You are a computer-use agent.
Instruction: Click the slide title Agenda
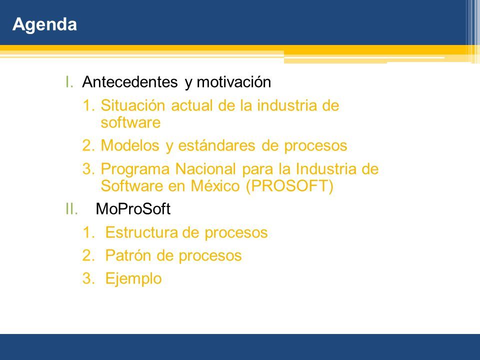click(44, 24)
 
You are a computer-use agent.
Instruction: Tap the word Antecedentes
click(130, 82)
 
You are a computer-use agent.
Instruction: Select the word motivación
click(234, 82)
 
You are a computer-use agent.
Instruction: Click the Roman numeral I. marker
click(69, 82)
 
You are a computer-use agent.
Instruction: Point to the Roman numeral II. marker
click(71, 209)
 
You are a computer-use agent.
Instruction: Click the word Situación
click(133, 105)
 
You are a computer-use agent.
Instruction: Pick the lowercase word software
click(130, 123)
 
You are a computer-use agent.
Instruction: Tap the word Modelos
click(130, 145)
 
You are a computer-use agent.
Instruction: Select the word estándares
click(216, 146)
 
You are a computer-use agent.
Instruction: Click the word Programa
click(135, 169)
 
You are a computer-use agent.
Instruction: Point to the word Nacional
click(205, 169)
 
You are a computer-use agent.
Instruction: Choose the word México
click(215, 186)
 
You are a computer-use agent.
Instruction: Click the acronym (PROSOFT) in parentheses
click(289, 186)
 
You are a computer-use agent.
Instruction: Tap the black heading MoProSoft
click(133, 209)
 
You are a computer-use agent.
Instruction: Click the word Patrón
click(128, 255)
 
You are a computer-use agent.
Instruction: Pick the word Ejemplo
click(133, 279)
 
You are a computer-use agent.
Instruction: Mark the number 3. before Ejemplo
click(88, 278)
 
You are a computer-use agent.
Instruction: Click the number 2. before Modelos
click(88, 145)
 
